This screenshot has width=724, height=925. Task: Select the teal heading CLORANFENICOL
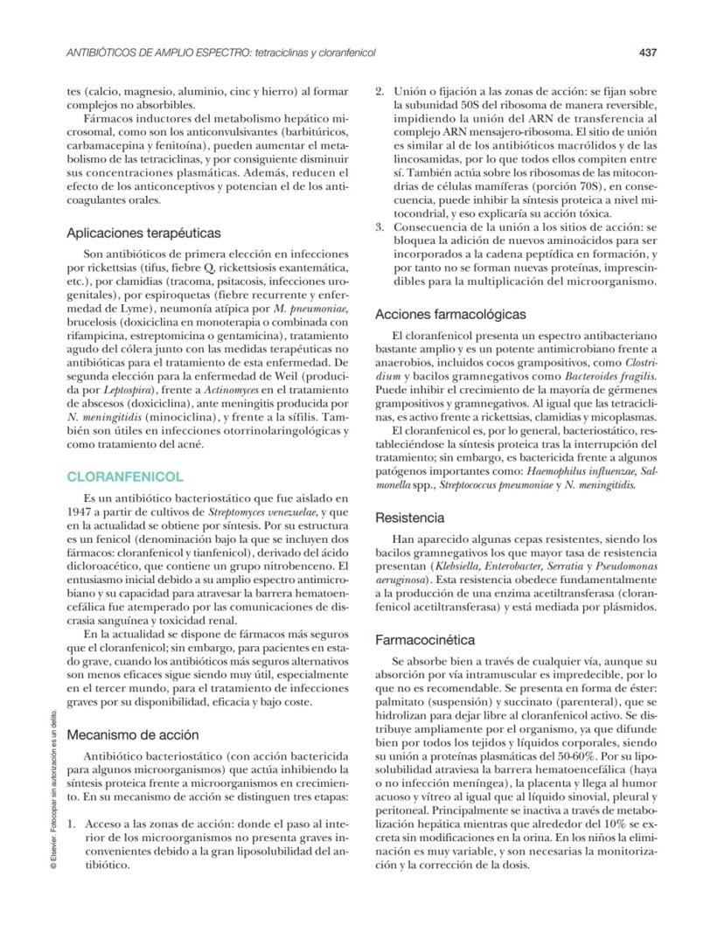(x=125, y=477)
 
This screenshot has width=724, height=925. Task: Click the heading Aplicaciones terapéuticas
(x=143, y=233)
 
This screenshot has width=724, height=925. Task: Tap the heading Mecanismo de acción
(x=132, y=734)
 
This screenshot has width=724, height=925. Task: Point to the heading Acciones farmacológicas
(x=450, y=314)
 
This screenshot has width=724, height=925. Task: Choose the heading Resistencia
(x=409, y=518)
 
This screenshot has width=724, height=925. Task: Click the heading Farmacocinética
(x=425, y=640)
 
